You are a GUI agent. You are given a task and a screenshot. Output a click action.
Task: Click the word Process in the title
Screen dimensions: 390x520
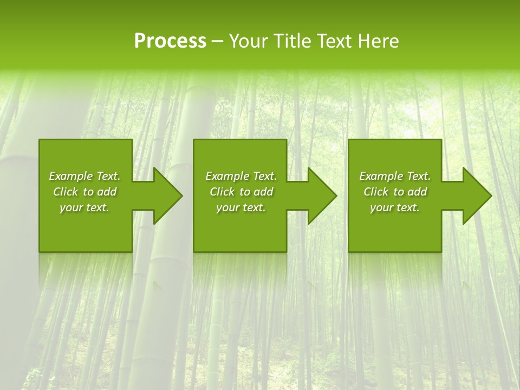[170, 41]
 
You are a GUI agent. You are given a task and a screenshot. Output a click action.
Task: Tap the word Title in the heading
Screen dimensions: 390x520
[290, 41]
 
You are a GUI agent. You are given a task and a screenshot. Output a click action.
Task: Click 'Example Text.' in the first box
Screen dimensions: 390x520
[84, 176]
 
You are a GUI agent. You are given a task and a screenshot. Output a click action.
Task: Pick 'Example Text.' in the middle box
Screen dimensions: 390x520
[241, 176]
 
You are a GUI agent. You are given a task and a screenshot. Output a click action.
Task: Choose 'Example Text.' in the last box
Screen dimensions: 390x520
[395, 176]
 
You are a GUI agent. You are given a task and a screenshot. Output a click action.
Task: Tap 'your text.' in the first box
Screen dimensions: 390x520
[84, 207]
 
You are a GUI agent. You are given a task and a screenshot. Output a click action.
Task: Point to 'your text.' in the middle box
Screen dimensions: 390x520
[241, 207]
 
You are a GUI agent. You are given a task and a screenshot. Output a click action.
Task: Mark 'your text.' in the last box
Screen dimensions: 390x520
[395, 207]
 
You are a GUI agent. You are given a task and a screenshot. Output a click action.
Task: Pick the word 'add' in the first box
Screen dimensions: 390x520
[107, 192]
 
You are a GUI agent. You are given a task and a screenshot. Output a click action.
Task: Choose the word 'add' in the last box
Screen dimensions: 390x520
[417, 192]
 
